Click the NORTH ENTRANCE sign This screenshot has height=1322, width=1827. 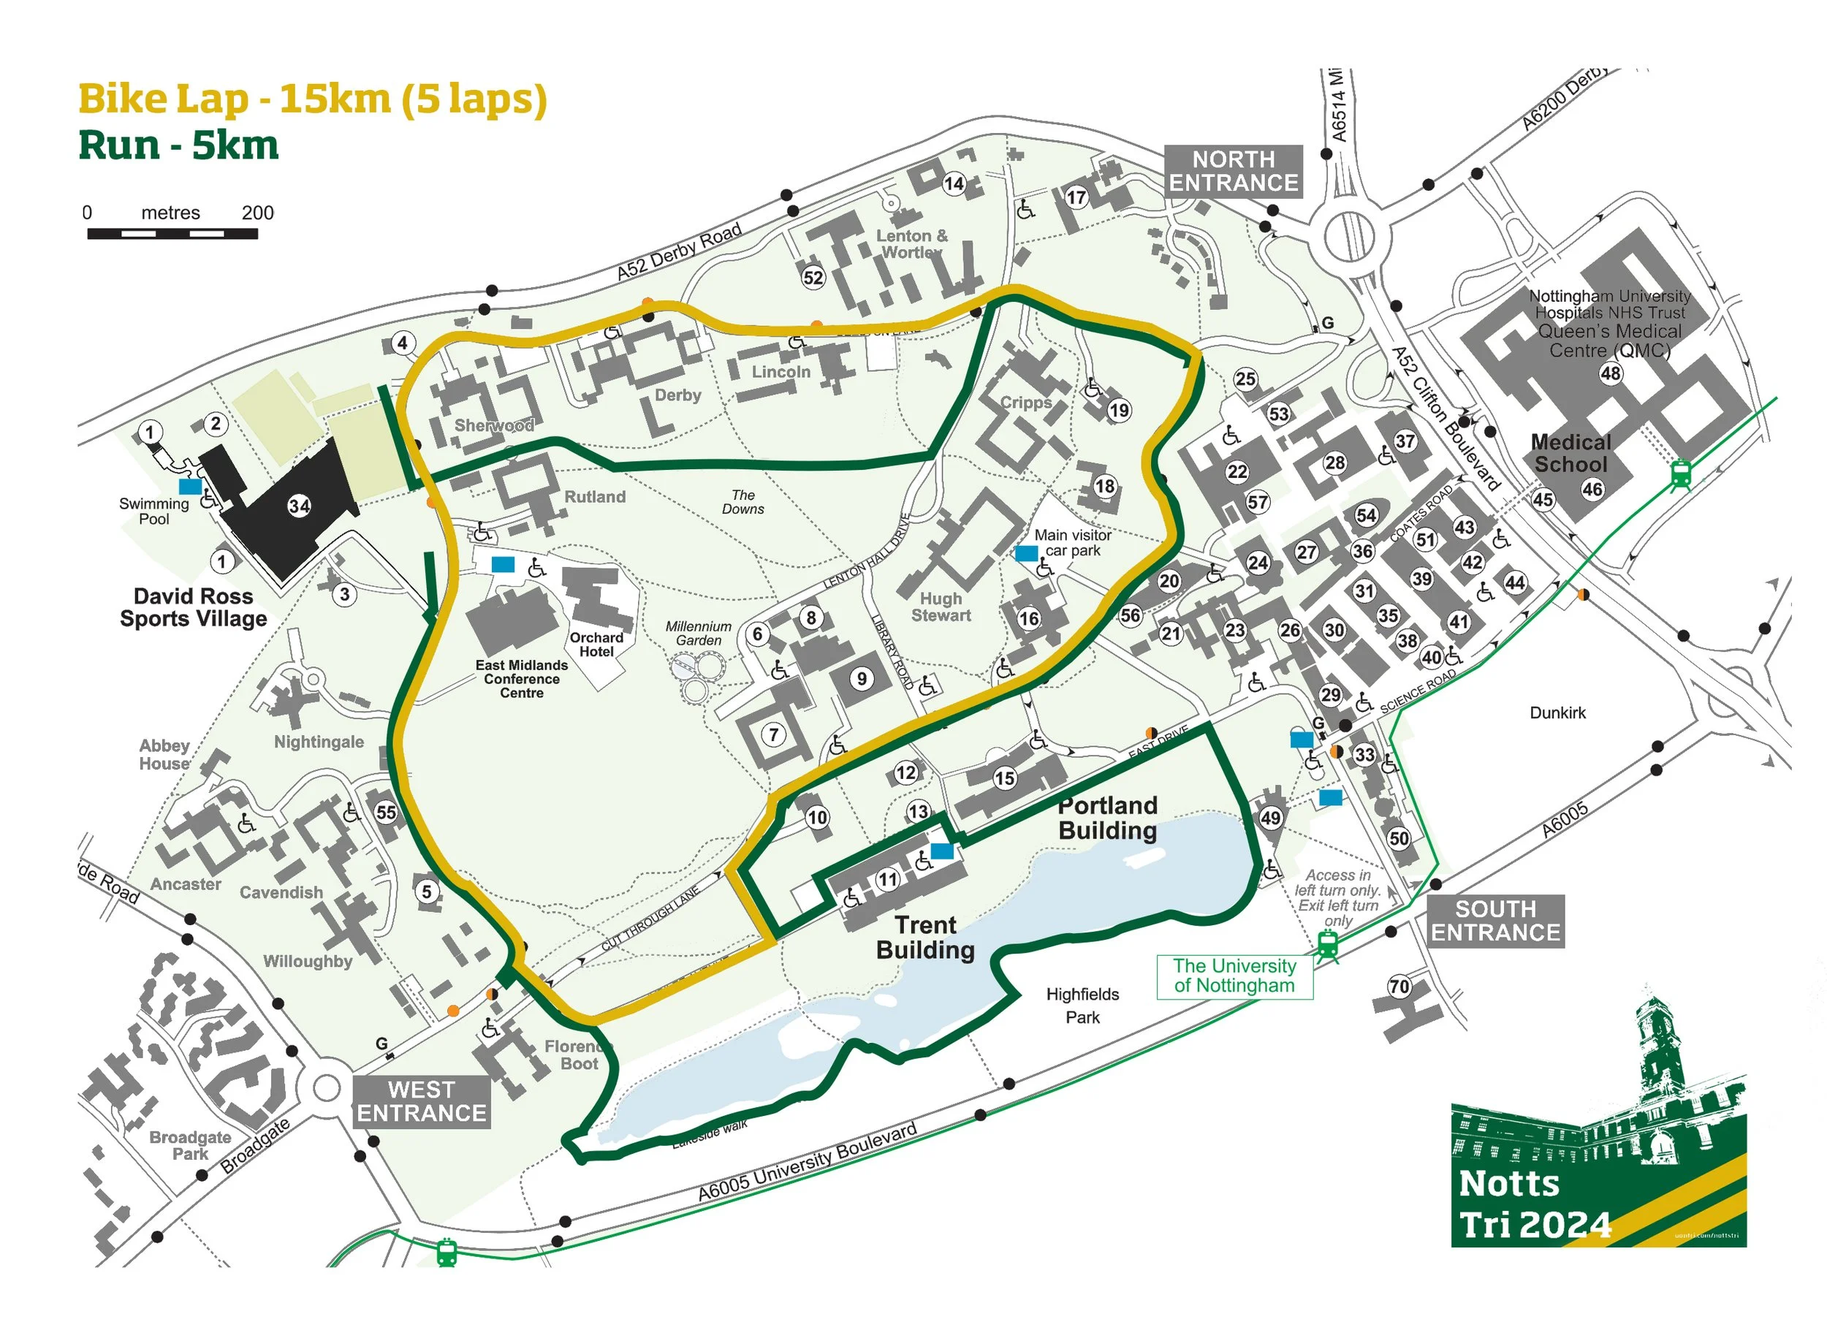[x=1233, y=171]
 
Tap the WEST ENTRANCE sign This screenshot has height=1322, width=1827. [x=421, y=1101]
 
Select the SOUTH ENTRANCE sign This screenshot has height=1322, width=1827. [x=1495, y=921]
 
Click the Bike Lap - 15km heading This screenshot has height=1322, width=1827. [x=313, y=100]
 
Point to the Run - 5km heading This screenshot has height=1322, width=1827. [x=178, y=147]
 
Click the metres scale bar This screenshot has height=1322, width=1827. [x=172, y=233]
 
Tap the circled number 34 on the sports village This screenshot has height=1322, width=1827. [x=299, y=506]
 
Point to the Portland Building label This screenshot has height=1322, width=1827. [x=1108, y=818]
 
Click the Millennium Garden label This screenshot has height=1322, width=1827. [x=699, y=633]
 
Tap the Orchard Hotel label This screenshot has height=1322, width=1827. [x=596, y=645]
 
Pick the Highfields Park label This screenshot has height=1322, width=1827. [x=1082, y=1006]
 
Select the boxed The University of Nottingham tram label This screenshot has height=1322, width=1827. [x=1234, y=976]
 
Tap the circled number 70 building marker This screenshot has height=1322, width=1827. [x=1399, y=987]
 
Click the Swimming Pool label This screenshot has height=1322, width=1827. [x=154, y=512]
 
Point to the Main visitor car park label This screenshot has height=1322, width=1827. [x=1072, y=542]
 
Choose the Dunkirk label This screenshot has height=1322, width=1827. [x=1557, y=713]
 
